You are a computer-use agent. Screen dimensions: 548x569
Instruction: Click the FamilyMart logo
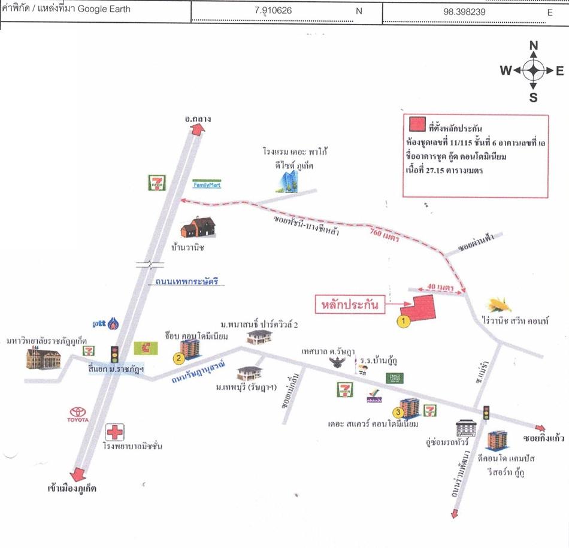pyautogui.click(x=207, y=185)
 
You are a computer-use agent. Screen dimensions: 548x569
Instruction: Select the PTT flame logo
pyautogui.click(x=113, y=324)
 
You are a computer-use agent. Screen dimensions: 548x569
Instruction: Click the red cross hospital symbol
pyautogui.click(x=114, y=432)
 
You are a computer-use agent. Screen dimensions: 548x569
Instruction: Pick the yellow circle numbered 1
pyautogui.click(x=404, y=320)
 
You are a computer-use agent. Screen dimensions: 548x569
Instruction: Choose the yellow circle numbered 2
pyautogui.click(x=178, y=358)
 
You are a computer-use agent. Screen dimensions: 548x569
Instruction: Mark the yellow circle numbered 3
pyautogui.click(x=397, y=411)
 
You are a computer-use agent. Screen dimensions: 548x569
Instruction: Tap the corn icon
pyautogui.click(x=501, y=304)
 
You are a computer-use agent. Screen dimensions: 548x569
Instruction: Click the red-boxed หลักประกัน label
pyautogui.click(x=350, y=304)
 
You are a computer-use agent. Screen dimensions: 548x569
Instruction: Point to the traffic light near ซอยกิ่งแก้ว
pyautogui.click(x=486, y=413)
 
